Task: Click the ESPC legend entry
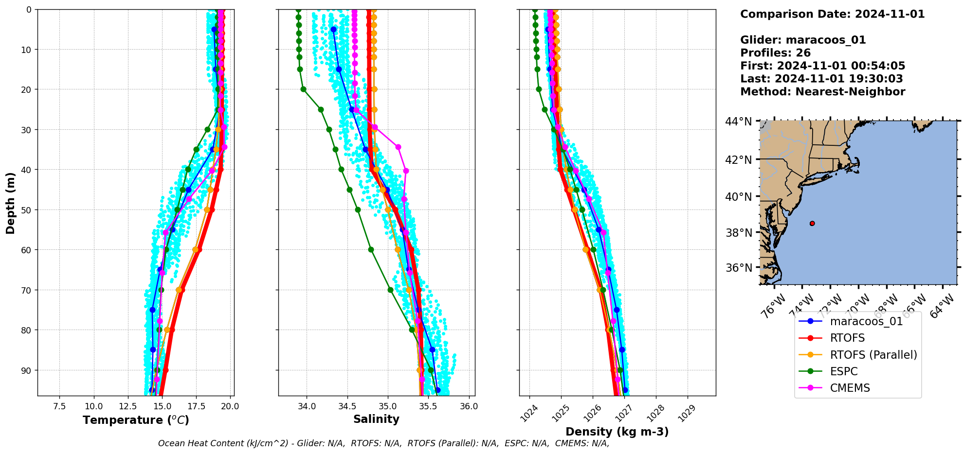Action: coord(843,371)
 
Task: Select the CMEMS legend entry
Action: coord(850,388)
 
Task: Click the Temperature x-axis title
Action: coord(136,420)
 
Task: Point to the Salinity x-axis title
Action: coord(376,419)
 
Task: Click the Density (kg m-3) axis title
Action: coord(617,432)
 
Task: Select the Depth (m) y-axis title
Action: coord(11,203)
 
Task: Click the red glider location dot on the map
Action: coord(812,224)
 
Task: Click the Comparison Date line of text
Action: coord(832,14)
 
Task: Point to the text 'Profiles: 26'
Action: coord(775,53)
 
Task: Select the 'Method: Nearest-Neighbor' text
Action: coord(822,92)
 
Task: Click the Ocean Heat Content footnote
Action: coord(383,443)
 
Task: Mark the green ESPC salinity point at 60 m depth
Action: coord(371,249)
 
